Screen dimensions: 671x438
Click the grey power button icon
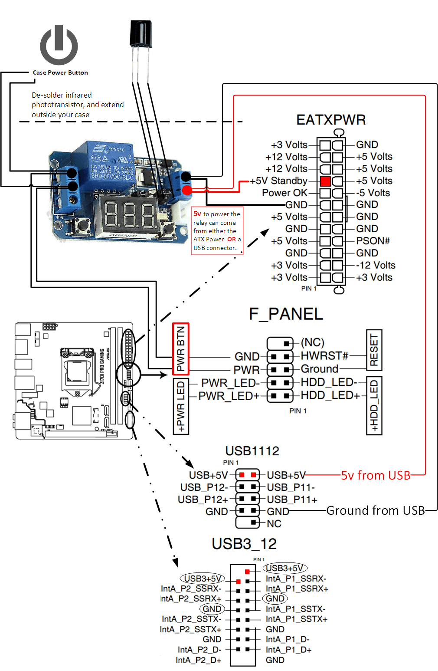point(59,45)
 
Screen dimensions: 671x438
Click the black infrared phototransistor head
point(141,33)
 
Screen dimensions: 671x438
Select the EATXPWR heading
point(331,120)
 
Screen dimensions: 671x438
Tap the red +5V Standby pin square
point(325,181)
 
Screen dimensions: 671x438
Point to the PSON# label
point(373,241)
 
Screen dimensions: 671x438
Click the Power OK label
point(284,193)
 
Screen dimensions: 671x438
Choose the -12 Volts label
point(376,265)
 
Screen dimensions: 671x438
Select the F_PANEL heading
point(286,314)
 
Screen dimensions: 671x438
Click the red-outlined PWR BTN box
point(181,349)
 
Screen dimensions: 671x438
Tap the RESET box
point(374,350)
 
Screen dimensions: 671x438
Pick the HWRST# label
point(324,356)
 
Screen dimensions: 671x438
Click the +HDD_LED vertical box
point(374,405)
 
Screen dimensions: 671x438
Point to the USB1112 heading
point(252,451)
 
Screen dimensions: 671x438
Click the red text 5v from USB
point(376,475)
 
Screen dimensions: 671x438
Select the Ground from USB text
point(376,510)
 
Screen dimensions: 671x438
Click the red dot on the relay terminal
point(187,190)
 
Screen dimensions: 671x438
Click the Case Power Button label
point(60,72)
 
